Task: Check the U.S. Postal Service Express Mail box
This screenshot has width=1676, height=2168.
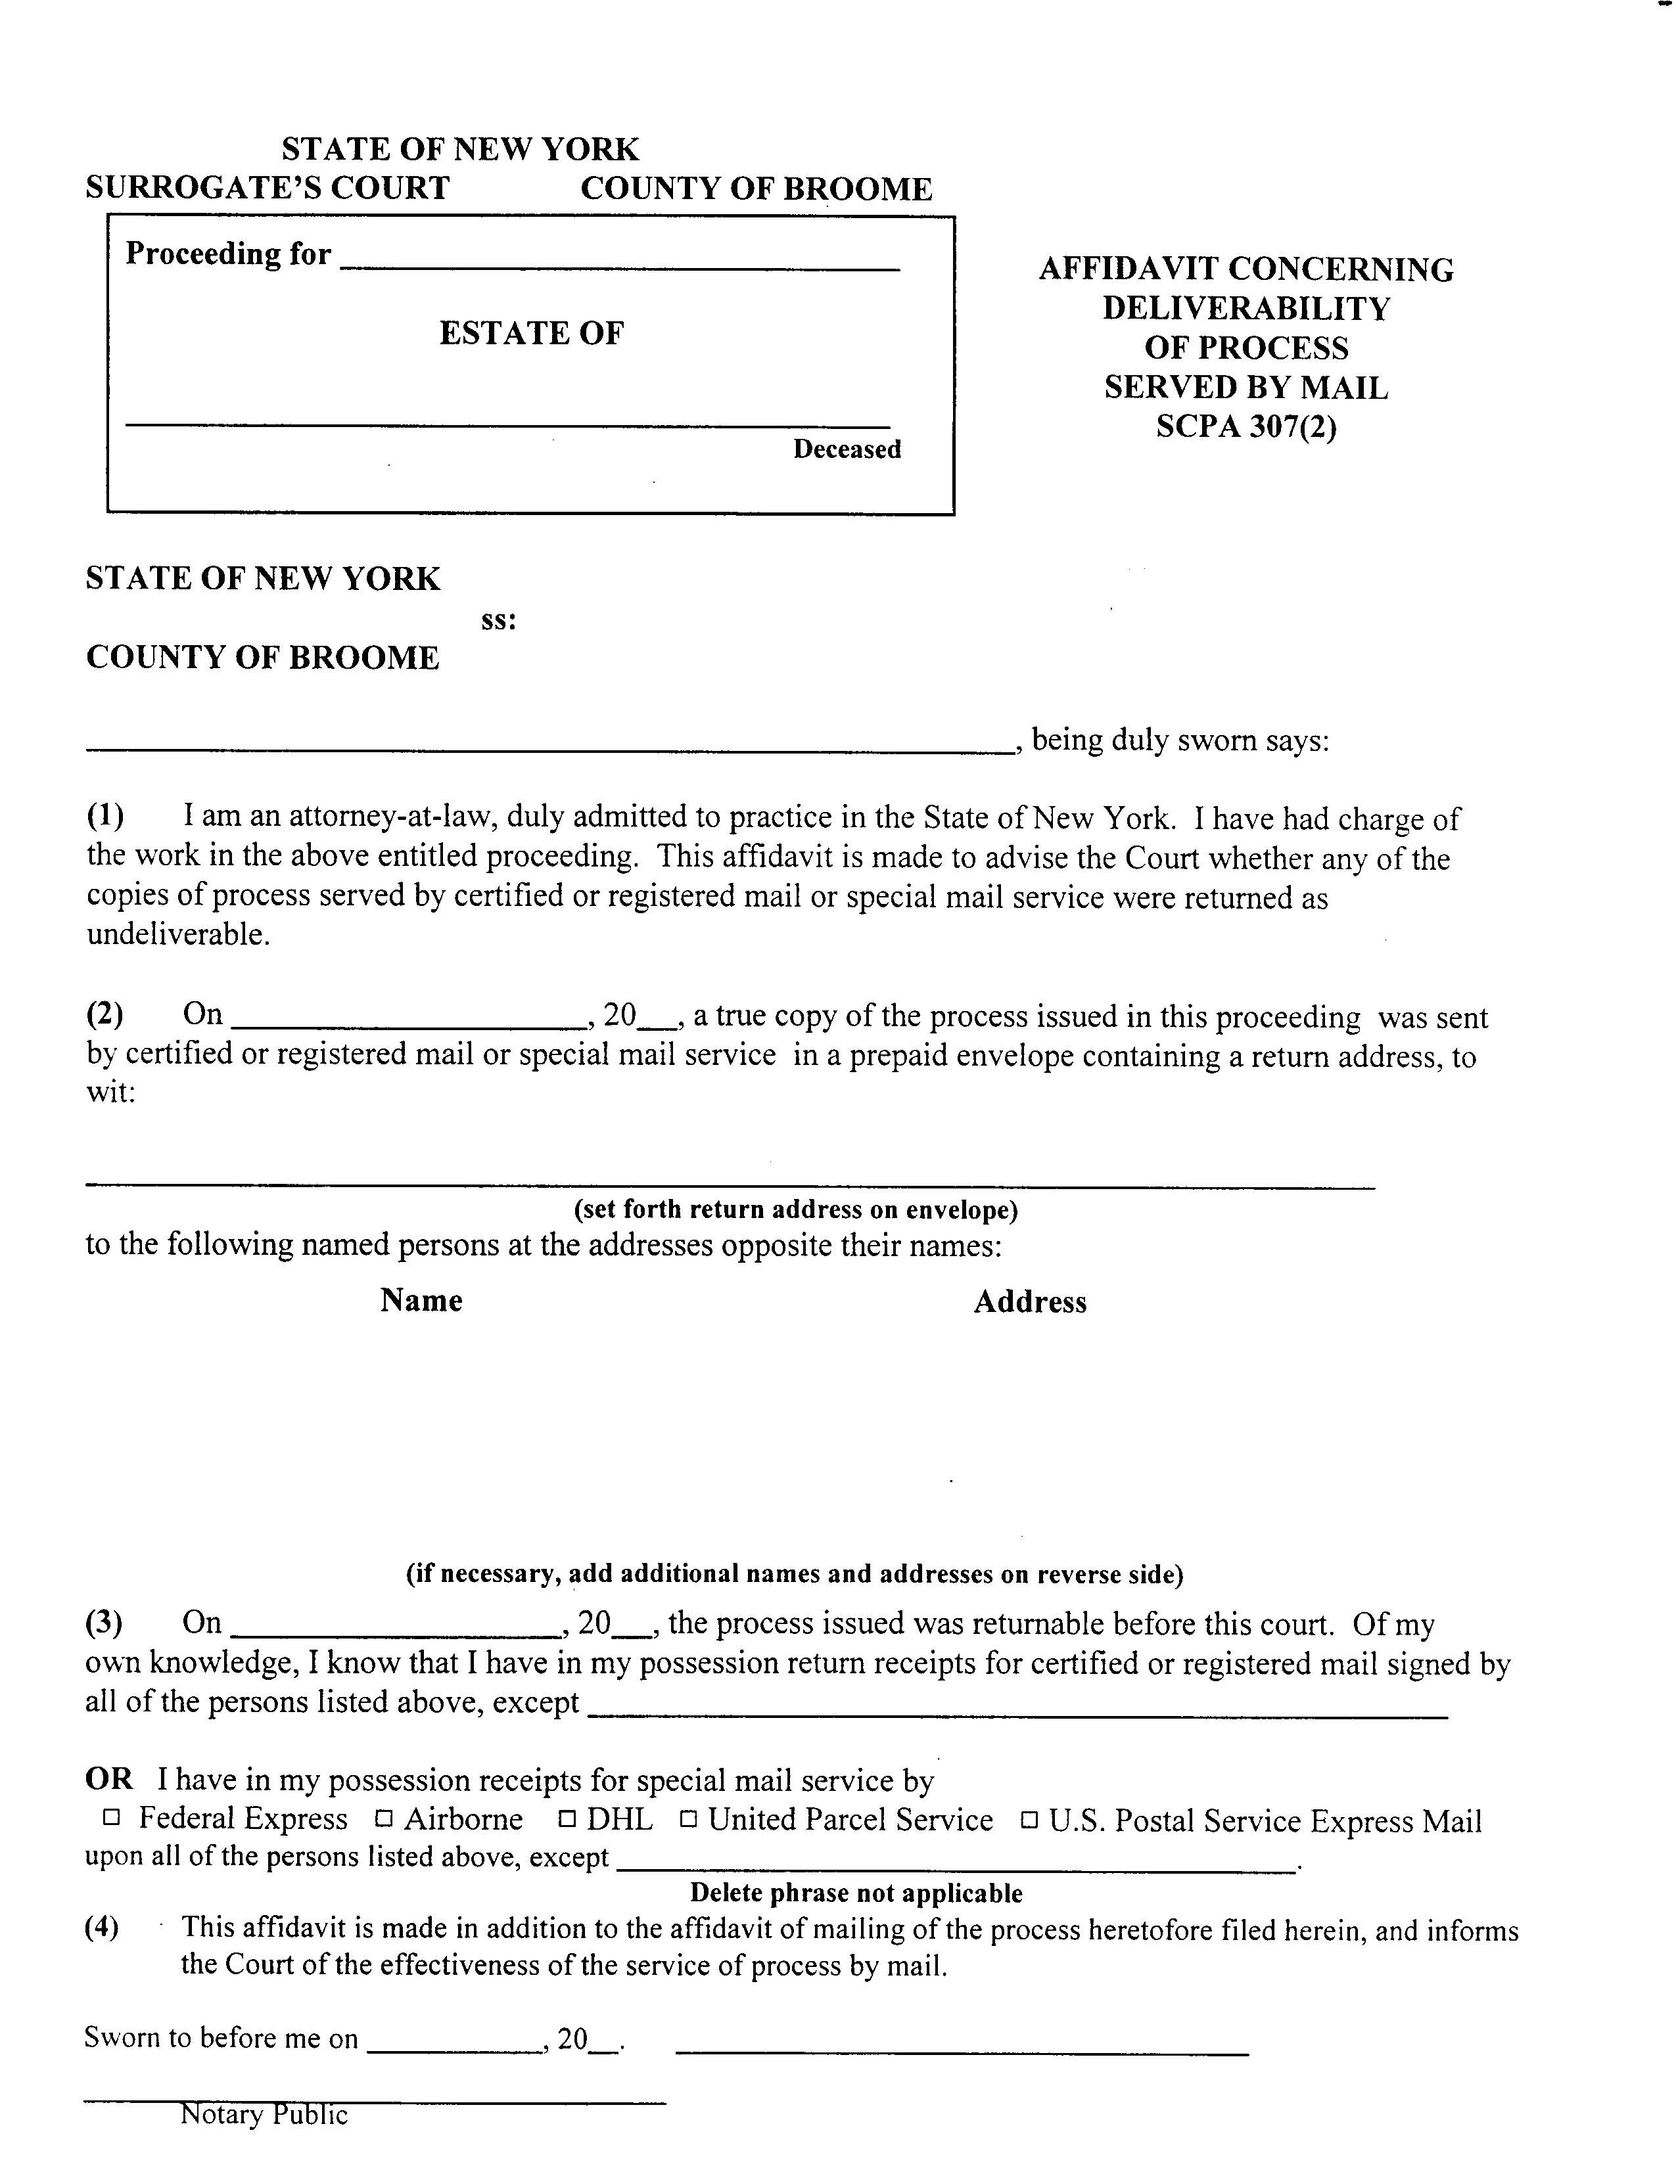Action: (x=1030, y=1820)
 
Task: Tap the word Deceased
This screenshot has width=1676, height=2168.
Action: (x=846, y=449)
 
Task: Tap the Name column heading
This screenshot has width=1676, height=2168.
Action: (x=421, y=1300)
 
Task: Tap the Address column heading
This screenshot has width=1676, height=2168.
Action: (x=1030, y=1302)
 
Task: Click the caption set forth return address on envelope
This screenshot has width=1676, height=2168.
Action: (x=795, y=1209)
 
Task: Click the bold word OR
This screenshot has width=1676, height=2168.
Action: (x=108, y=1779)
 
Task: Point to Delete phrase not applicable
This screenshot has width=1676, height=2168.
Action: (x=856, y=1893)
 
